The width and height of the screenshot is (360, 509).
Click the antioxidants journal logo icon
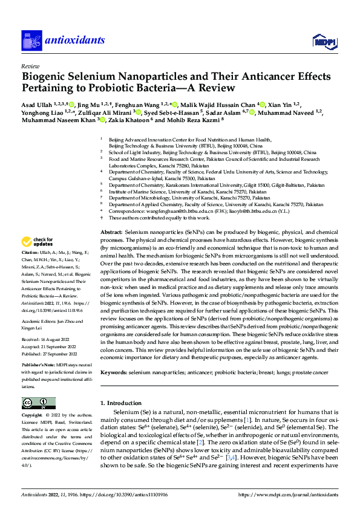30,41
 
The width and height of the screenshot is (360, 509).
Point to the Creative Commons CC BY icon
39,403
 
